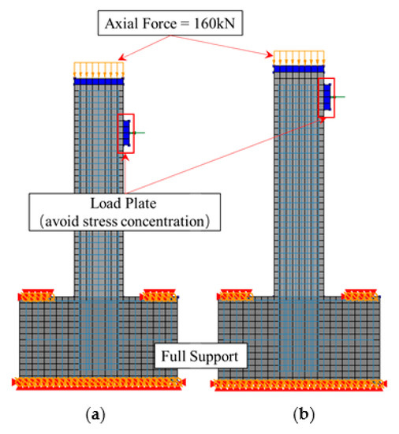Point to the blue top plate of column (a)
(99, 80)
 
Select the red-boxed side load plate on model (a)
(126, 133)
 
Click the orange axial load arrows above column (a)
(99, 69)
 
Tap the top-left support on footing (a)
(36, 295)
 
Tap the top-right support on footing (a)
(158, 295)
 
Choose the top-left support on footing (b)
(235, 295)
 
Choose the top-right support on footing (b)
(359, 295)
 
